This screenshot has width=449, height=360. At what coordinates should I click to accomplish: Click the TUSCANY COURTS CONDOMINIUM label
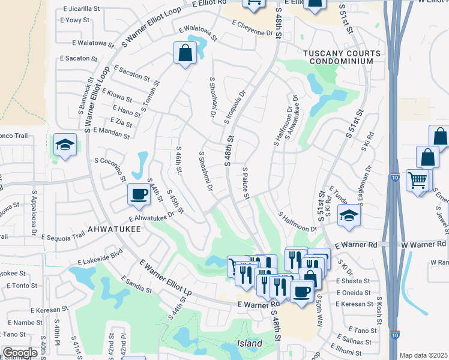point(342,58)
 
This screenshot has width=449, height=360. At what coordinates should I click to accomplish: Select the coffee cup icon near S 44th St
point(139,194)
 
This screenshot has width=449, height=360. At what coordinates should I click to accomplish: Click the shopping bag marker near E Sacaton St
point(185,53)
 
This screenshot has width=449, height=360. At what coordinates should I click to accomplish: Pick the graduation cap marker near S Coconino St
point(64,145)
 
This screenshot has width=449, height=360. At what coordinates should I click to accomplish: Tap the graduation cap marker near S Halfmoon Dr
point(348,215)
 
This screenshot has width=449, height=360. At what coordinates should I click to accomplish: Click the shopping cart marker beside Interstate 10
point(417,179)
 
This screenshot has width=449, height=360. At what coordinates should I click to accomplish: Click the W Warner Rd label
point(424,244)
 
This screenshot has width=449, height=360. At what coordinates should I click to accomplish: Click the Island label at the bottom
point(249,343)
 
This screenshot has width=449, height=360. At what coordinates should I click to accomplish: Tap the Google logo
point(20,353)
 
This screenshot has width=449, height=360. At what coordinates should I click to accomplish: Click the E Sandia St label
point(136,285)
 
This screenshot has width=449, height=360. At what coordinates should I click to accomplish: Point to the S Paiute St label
point(246,184)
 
